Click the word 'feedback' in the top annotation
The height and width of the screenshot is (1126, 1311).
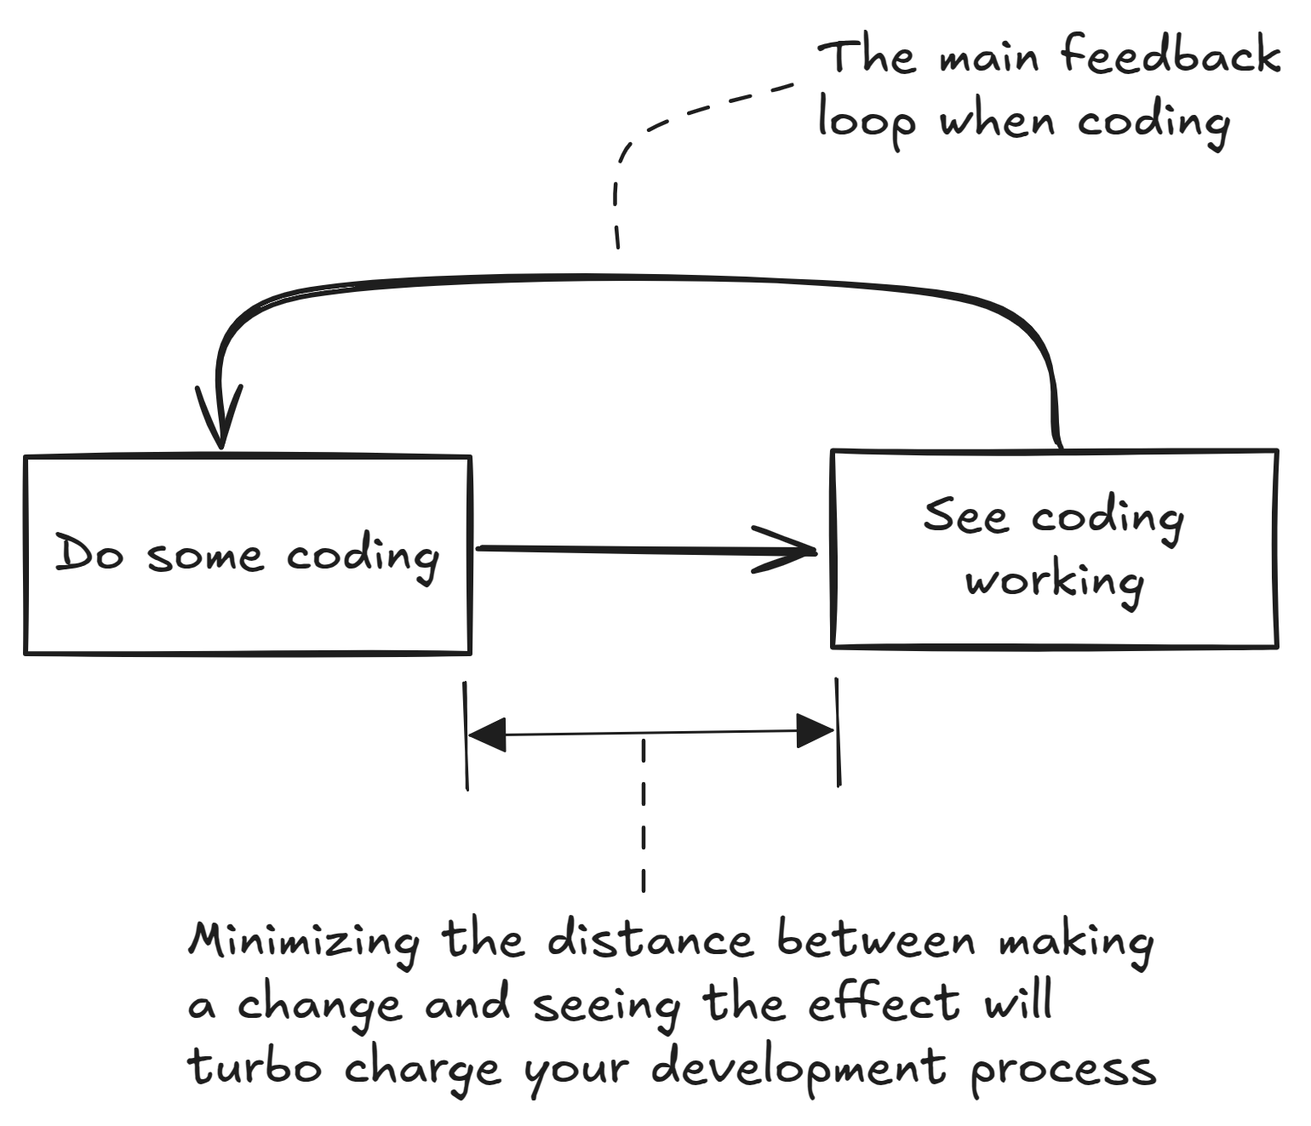(1171, 56)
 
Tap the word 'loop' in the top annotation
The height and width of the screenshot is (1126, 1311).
(866, 122)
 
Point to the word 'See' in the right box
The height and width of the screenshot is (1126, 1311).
(965, 516)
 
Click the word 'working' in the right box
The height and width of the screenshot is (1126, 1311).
(1054, 582)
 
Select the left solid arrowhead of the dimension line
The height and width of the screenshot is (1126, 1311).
(488, 734)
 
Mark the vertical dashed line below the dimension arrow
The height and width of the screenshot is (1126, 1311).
(644, 817)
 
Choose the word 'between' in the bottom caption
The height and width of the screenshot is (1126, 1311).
(876, 940)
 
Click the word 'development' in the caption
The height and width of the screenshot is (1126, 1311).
(799, 1069)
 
